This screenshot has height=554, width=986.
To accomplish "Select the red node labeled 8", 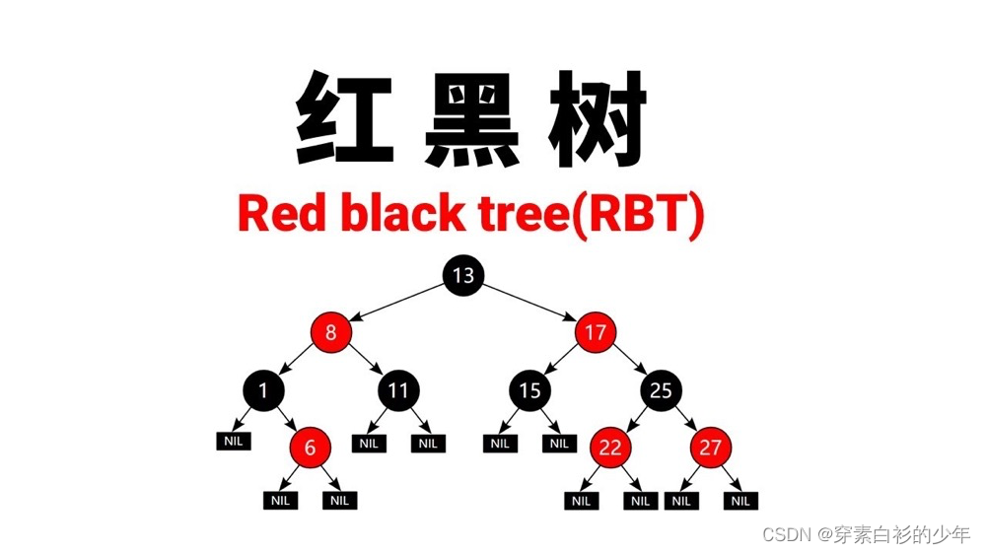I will click(330, 333).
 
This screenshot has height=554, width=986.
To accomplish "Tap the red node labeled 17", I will click(595, 333).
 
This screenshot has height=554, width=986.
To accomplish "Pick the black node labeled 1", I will click(263, 391).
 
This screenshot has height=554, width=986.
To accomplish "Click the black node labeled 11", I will click(397, 391).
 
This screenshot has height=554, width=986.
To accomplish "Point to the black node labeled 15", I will click(529, 391).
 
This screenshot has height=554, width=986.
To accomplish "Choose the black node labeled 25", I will click(661, 391).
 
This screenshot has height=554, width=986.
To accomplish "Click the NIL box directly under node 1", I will click(233, 441).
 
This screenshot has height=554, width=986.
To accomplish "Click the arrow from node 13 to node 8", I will click(396, 304).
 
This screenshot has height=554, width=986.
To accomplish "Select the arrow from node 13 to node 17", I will click(528, 304).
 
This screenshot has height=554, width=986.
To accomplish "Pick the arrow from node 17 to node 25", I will click(627, 362).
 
